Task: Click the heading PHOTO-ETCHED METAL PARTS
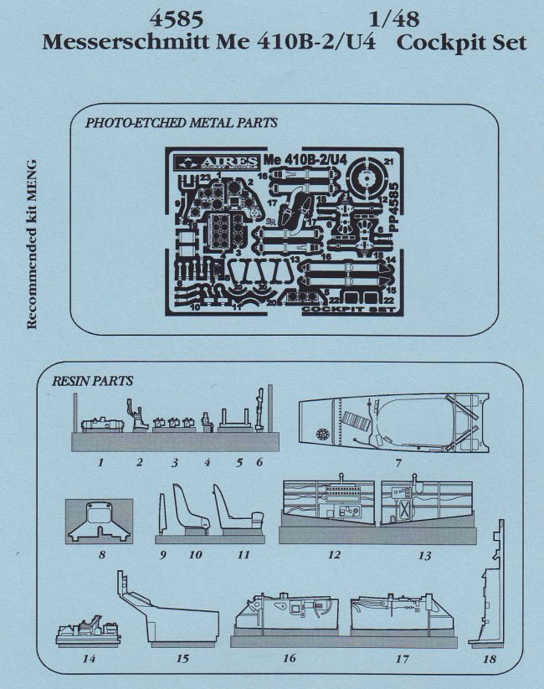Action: pyautogui.click(x=182, y=123)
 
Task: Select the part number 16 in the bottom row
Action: pyautogui.click(x=290, y=659)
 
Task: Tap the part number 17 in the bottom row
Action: pyautogui.click(x=402, y=659)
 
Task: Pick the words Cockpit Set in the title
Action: pyautogui.click(x=463, y=43)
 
